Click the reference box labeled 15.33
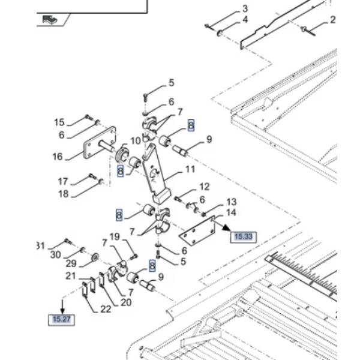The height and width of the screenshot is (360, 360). pos(244,237)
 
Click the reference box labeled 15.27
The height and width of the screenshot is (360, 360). pos(62,320)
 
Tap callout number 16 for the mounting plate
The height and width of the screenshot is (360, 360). pos(58,157)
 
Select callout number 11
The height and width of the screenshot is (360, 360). pos(190,169)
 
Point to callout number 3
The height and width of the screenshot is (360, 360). pos(245,9)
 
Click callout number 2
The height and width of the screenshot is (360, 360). pos(332,20)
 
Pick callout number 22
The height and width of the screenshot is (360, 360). pos(106,309)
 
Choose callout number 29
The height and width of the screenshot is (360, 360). pos(71,263)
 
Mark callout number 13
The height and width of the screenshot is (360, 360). pos(231,202)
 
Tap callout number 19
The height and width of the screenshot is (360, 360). pos(115,237)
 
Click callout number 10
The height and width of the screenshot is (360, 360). pos(136,141)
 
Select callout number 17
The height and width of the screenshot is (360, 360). pos(63,182)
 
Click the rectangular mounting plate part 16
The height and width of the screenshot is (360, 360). pos(100,143)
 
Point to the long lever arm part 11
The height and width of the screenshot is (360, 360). pos(156,174)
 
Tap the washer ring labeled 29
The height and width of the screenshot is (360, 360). pos(95,257)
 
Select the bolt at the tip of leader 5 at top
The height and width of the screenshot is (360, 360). pos(145,97)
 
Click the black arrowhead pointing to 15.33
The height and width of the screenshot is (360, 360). pos(227,227)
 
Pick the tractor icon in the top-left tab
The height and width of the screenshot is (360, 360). pos(50,19)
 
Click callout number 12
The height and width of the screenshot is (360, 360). pos(205,187)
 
